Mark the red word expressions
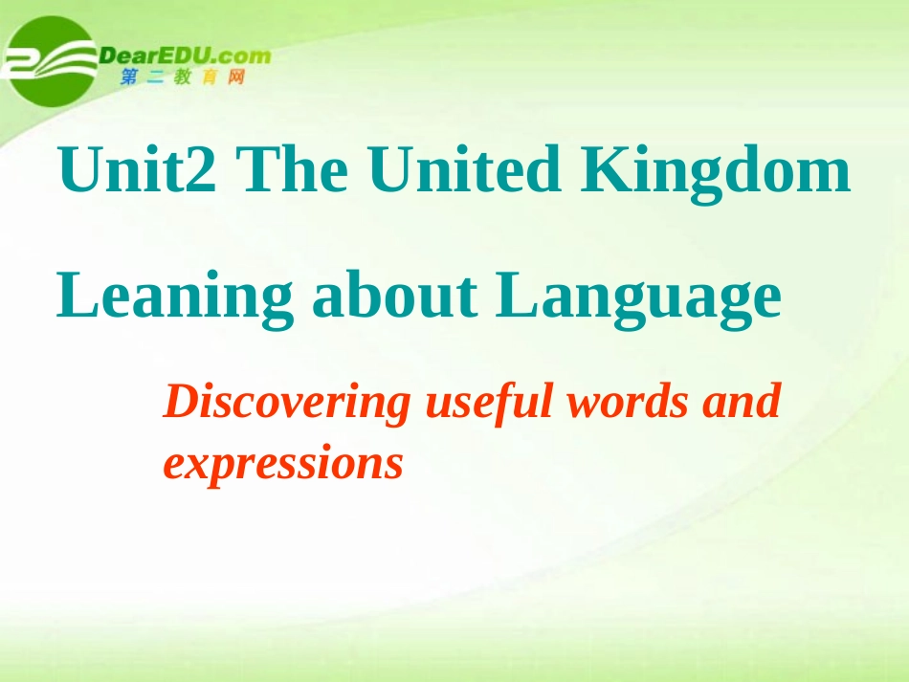282,464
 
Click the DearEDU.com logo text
186,55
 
